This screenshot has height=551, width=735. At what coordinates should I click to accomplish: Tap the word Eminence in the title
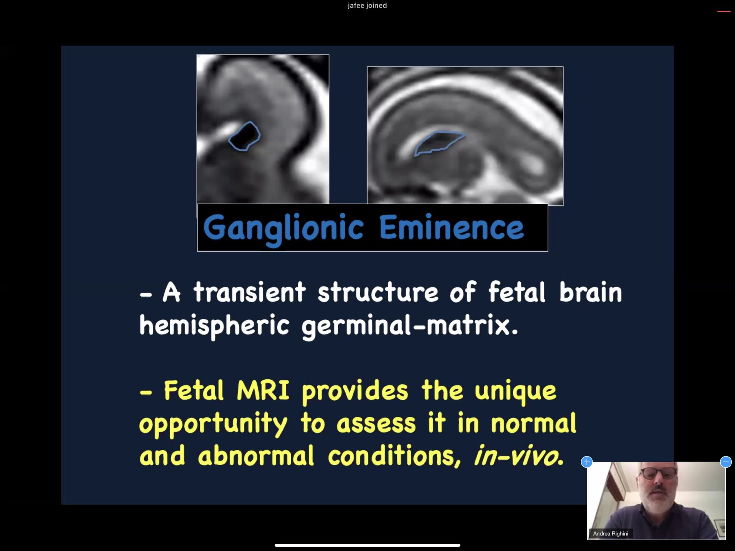[451, 228]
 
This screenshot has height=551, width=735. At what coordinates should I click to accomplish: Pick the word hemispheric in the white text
[214, 326]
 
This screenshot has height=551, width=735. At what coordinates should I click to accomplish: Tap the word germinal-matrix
[409, 326]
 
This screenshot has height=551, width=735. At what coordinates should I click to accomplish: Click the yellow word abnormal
[256, 456]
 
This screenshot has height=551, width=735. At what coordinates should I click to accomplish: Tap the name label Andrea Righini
[610, 533]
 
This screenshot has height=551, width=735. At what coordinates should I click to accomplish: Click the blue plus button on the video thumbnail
[587, 462]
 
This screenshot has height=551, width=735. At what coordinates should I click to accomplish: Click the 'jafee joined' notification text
[367, 5]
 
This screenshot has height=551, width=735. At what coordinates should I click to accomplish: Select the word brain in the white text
[590, 292]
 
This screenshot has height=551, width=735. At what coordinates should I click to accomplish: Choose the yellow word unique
[515, 391]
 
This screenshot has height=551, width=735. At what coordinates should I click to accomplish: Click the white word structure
[378, 292]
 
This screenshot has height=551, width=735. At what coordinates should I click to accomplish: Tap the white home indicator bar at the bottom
[367, 545]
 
